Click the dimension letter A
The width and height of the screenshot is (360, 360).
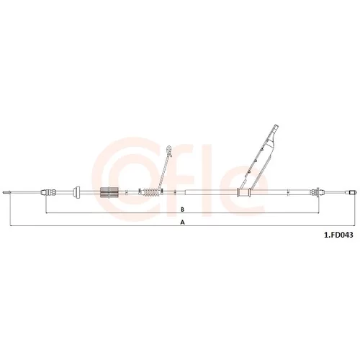click(183, 222)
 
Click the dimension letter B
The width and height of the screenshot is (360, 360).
click(182, 210)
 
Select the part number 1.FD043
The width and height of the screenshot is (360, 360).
click(338, 235)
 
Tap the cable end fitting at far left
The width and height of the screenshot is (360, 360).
click(6, 192)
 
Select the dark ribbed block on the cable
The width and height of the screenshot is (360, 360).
click(109, 192)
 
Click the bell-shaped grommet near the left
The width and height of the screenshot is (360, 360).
click(77, 192)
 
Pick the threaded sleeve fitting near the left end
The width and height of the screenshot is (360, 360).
click(49, 192)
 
